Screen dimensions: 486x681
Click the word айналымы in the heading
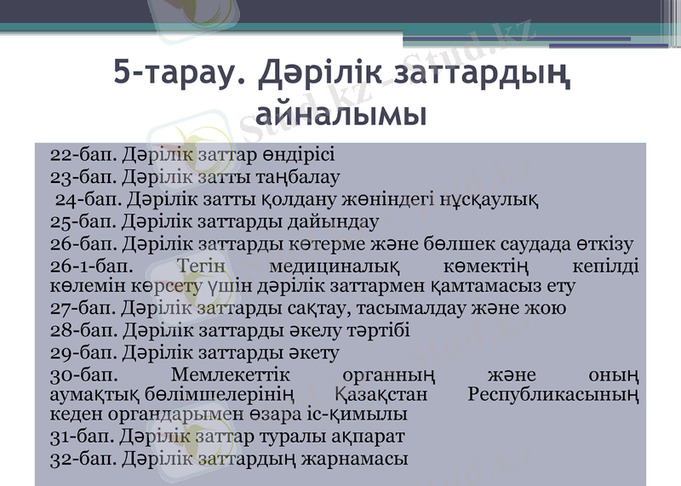[x=340, y=112]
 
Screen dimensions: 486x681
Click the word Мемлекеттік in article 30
[x=231, y=375]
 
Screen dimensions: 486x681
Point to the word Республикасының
[x=553, y=395]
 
